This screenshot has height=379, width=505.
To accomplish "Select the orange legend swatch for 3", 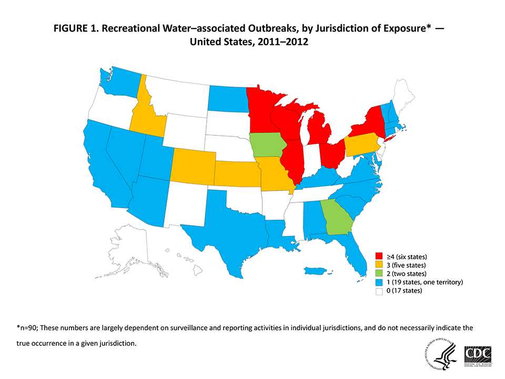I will (378, 266).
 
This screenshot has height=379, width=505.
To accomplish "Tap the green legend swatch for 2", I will (378, 274).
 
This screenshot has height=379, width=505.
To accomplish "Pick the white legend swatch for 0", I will (378, 291).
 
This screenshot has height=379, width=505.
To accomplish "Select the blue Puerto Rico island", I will (319, 271).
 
